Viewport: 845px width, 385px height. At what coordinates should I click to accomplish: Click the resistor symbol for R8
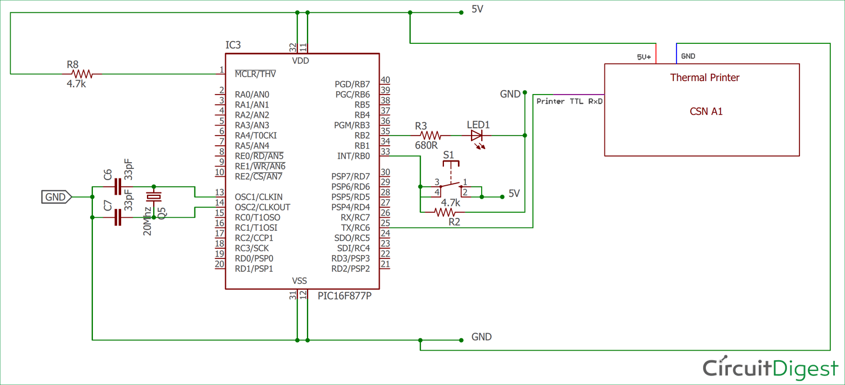pyautogui.click(x=83, y=74)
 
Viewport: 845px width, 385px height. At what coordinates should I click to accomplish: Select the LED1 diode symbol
pyautogui.click(x=477, y=136)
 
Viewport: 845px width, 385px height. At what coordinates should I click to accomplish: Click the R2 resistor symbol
pyautogui.click(x=444, y=212)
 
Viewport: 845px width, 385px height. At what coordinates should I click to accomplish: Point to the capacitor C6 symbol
pyautogui.click(x=118, y=187)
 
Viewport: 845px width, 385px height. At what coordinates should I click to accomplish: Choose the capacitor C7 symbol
pyautogui.click(x=118, y=217)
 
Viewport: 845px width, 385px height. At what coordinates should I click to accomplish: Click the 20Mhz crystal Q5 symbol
pyautogui.click(x=153, y=196)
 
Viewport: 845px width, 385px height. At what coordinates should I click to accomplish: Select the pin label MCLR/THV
pyautogui.click(x=255, y=74)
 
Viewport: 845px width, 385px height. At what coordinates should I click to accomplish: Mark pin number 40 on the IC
pyautogui.click(x=385, y=80)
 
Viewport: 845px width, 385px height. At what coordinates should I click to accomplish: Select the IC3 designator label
pyautogui.click(x=234, y=45)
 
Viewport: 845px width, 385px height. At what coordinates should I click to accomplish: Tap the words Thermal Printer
pyautogui.click(x=704, y=78)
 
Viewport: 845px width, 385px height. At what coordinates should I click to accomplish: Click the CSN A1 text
pyautogui.click(x=706, y=111)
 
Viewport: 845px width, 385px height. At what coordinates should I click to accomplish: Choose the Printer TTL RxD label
pyautogui.click(x=569, y=101)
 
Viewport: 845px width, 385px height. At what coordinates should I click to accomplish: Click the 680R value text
pyautogui.click(x=426, y=146)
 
